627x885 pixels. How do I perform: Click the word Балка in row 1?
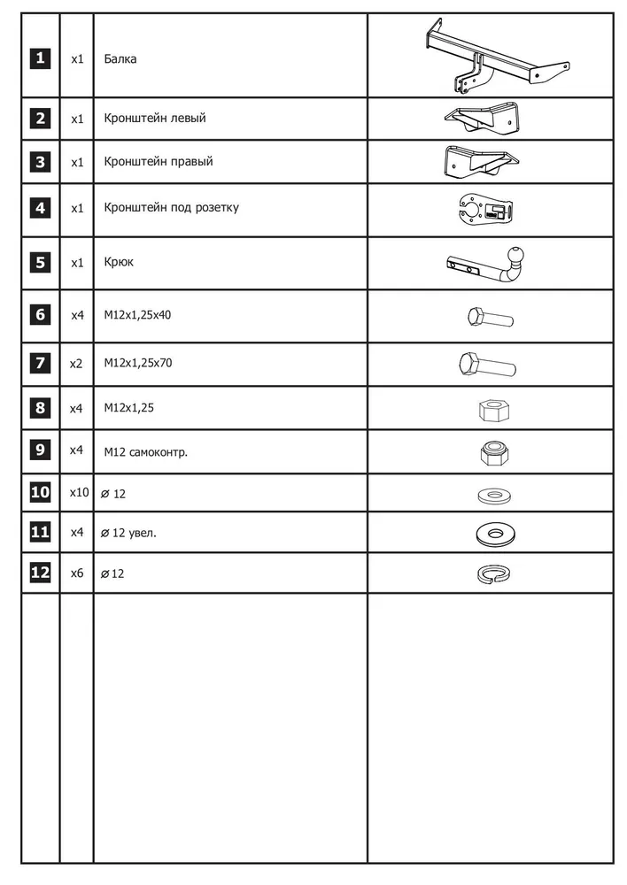coord(120,59)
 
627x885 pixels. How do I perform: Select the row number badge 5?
coord(40,263)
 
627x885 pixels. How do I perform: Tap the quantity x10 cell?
coord(79,492)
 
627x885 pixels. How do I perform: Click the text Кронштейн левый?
coord(154,118)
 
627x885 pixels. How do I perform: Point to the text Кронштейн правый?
coord(158,162)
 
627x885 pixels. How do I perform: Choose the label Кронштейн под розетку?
coord(170,208)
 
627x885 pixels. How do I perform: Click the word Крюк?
coord(119,263)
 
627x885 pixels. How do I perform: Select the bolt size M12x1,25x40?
coord(136,314)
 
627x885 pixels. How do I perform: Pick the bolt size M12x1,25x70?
coord(136,363)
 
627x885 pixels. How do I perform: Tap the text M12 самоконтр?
coord(145,451)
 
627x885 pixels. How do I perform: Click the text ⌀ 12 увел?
coord(128,532)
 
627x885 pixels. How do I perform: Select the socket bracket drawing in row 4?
coord(488,211)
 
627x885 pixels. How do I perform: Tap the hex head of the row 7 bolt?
coord(469,363)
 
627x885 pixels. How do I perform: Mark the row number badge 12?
coord(40,573)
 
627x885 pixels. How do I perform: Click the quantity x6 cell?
coord(77,573)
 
